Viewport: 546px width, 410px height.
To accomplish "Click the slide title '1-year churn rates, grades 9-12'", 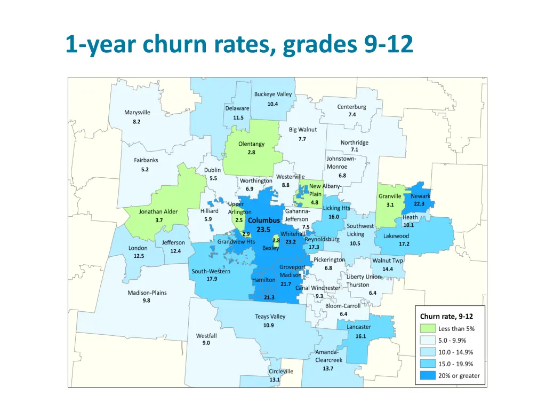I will click(x=239, y=44).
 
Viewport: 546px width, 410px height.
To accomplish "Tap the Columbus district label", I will click(x=263, y=220).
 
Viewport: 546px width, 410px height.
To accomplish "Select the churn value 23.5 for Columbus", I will click(x=263, y=230).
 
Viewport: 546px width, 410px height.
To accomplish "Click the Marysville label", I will click(x=137, y=113).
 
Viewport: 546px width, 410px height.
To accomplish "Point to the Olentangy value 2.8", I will click(x=251, y=152).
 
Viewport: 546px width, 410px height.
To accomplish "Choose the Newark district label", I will click(x=420, y=196).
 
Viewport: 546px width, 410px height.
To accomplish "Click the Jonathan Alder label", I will click(x=158, y=211).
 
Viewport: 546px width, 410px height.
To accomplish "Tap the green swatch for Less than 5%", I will click(x=428, y=329).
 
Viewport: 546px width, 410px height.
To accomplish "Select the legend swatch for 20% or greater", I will click(x=428, y=375).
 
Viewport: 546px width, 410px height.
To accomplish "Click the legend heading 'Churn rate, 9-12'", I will click(x=446, y=317).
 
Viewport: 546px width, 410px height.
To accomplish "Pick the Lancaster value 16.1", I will click(x=360, y=336).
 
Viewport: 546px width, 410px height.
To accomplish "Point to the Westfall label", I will click(x=206, y=336).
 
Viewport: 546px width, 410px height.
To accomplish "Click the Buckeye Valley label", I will click(x=273, y=94).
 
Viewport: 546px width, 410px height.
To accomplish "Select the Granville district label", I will click(x=390, y=196).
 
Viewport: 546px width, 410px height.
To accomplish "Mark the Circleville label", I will click(x=280, y=371).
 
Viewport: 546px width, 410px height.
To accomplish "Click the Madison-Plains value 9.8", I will click(x=146, y=301).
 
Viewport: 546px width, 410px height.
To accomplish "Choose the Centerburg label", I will click(x=351, y=107).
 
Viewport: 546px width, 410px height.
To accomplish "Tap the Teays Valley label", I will click(x=270, y=317).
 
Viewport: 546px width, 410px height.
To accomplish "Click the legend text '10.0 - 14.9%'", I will click(x=455, y=352).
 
